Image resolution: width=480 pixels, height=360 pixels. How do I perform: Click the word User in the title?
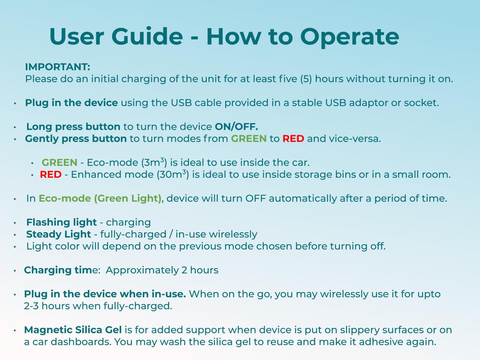pyautogui.click(x=77, y=36)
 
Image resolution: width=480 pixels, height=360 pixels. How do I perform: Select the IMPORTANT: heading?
pyautogui.click(x=58, y=67)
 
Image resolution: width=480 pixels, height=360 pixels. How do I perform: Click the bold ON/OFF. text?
pyautogui.click(x=236, y=126)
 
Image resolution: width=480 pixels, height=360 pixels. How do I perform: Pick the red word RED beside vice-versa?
pyautogui.click(x=293, y=139)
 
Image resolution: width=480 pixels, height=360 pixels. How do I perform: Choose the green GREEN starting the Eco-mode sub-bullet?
pyautogui.click(x=59, y=162)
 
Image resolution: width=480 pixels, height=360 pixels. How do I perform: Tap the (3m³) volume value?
pyautogui.click(x=154, y=162)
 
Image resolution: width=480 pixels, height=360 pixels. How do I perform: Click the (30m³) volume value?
pyautogui.click(x=173, y=174)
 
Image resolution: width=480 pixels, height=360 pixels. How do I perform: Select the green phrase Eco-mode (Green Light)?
pyautogui.click(x=100, y=198)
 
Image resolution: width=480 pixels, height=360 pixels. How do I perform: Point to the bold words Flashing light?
pyautogui.click(x=62, y=222)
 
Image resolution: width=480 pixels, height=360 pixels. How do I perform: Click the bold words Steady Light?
pyautogui.click(x=58, y=234)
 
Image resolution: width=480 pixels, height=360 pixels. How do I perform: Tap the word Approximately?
pyautogui.click(x=142, y=270)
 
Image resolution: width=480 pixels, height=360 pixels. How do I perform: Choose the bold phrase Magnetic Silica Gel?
pyautogui.click(x=73, y=330)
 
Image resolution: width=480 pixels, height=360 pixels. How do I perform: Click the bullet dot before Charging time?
pyautogui.click(x=15, y=271)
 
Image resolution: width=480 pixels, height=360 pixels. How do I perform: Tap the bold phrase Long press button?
pyautogui.click(x=73, y=127)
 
